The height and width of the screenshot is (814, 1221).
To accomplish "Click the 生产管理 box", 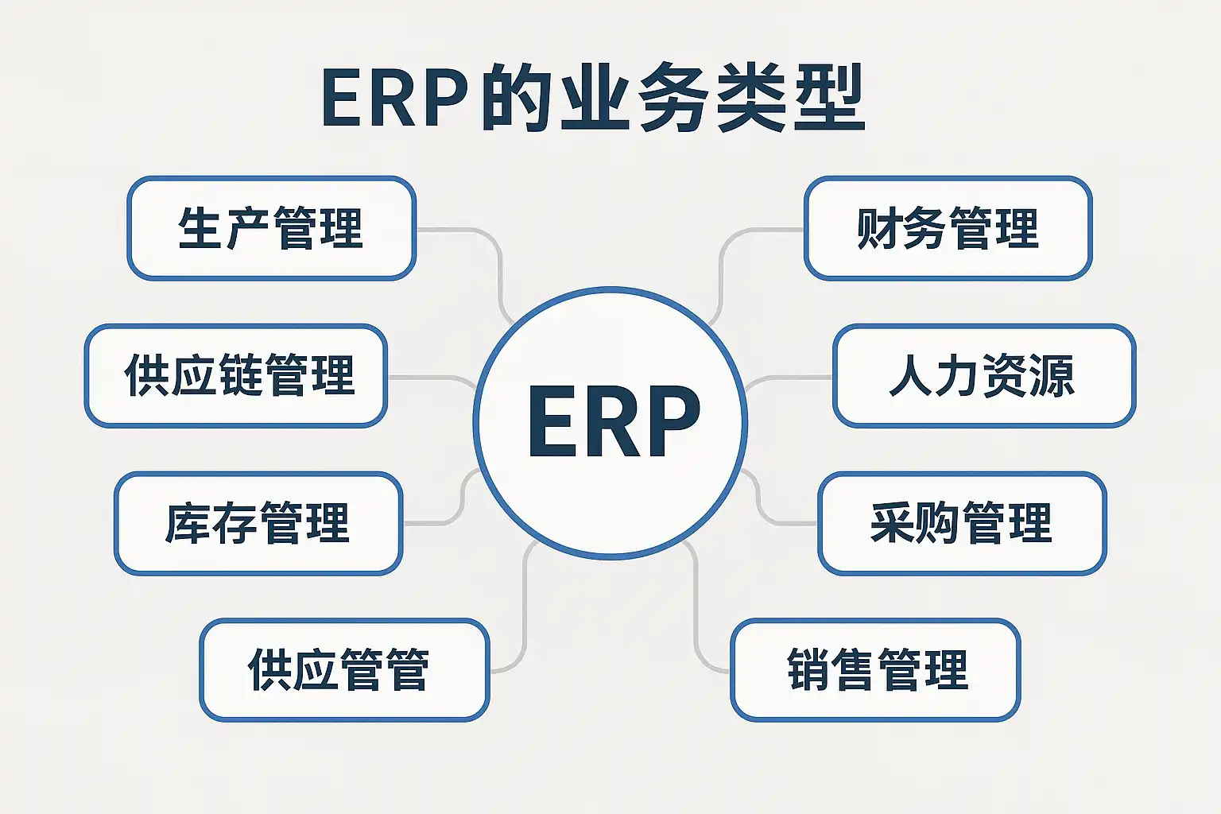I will click(271, 229).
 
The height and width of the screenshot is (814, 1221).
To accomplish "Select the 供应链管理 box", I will click(236, 375).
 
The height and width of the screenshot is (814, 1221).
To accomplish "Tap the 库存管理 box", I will click(258, 523).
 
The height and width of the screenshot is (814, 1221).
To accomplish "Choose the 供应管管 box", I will click(343, 670).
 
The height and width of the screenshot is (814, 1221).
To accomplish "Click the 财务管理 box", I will click(948, 229).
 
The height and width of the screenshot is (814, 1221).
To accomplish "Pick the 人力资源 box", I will click(984, 375).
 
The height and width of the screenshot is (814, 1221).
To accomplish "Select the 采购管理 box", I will click(962, 523).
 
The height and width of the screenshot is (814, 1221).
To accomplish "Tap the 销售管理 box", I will click(875, 670).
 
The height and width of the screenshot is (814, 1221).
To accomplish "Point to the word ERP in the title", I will click(394, 99).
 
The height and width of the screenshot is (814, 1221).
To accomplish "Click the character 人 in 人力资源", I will click(911, 375).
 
